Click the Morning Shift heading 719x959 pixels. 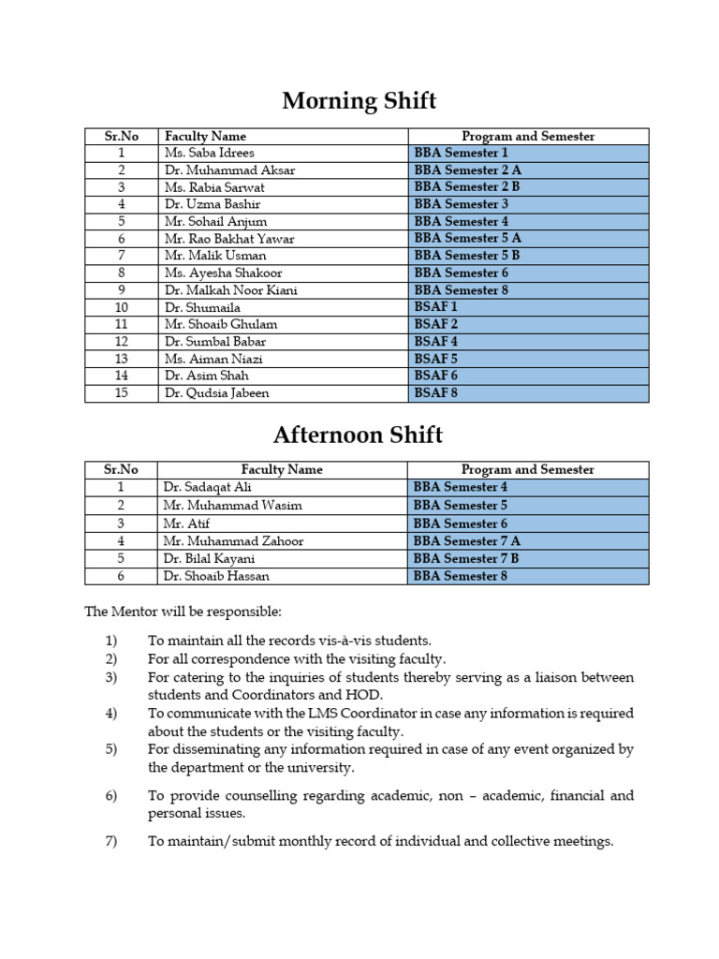359,99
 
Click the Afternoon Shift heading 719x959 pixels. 358,435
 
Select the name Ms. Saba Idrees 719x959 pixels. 209,153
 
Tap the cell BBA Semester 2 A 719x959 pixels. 467,170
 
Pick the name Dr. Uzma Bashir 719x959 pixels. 212,204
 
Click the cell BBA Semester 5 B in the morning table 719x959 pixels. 466,256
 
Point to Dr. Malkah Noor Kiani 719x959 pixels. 230,290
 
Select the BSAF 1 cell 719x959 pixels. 435,307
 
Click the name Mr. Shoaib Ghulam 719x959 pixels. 220,324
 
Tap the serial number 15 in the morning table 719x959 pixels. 121,393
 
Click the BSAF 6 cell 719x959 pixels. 435,376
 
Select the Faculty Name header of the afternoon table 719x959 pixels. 282,470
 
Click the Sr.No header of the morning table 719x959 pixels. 121,136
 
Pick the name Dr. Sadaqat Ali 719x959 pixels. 207,487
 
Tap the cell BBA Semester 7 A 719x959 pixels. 467,541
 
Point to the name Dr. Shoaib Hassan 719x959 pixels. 219,576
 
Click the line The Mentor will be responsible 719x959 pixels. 183,612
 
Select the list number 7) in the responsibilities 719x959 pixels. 110,841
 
